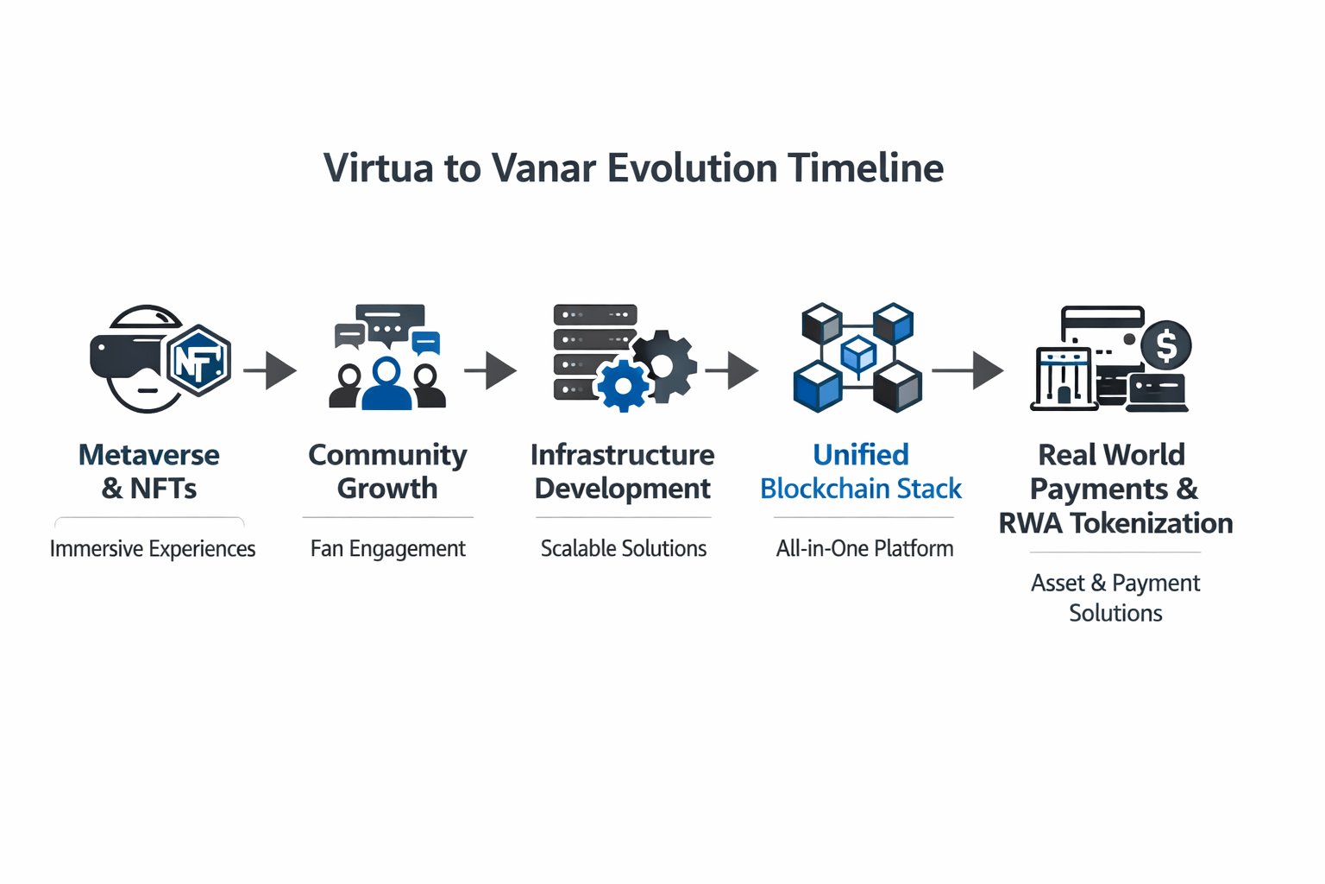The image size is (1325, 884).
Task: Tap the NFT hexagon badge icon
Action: tap(198, 360)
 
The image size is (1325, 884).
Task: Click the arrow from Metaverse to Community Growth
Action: tap(271, 370)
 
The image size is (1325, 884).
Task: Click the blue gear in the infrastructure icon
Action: tap(623, 385)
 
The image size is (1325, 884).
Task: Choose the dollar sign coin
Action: tap(1166, 345)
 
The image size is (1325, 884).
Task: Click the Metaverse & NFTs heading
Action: tap(149, 471)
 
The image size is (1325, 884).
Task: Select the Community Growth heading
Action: tap(387, 471)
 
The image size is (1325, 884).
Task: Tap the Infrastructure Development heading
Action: tap(622, 471)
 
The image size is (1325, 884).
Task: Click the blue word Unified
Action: tap(861, 455)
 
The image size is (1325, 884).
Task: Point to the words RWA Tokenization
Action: tap(1115, 523)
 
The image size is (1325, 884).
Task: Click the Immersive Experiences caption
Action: tap(153, 549)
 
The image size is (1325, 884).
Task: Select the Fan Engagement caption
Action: tap(387, 549)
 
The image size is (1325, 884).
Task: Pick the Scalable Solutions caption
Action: tap(623, 549)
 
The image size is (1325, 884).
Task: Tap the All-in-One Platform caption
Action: tap(864, 549)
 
